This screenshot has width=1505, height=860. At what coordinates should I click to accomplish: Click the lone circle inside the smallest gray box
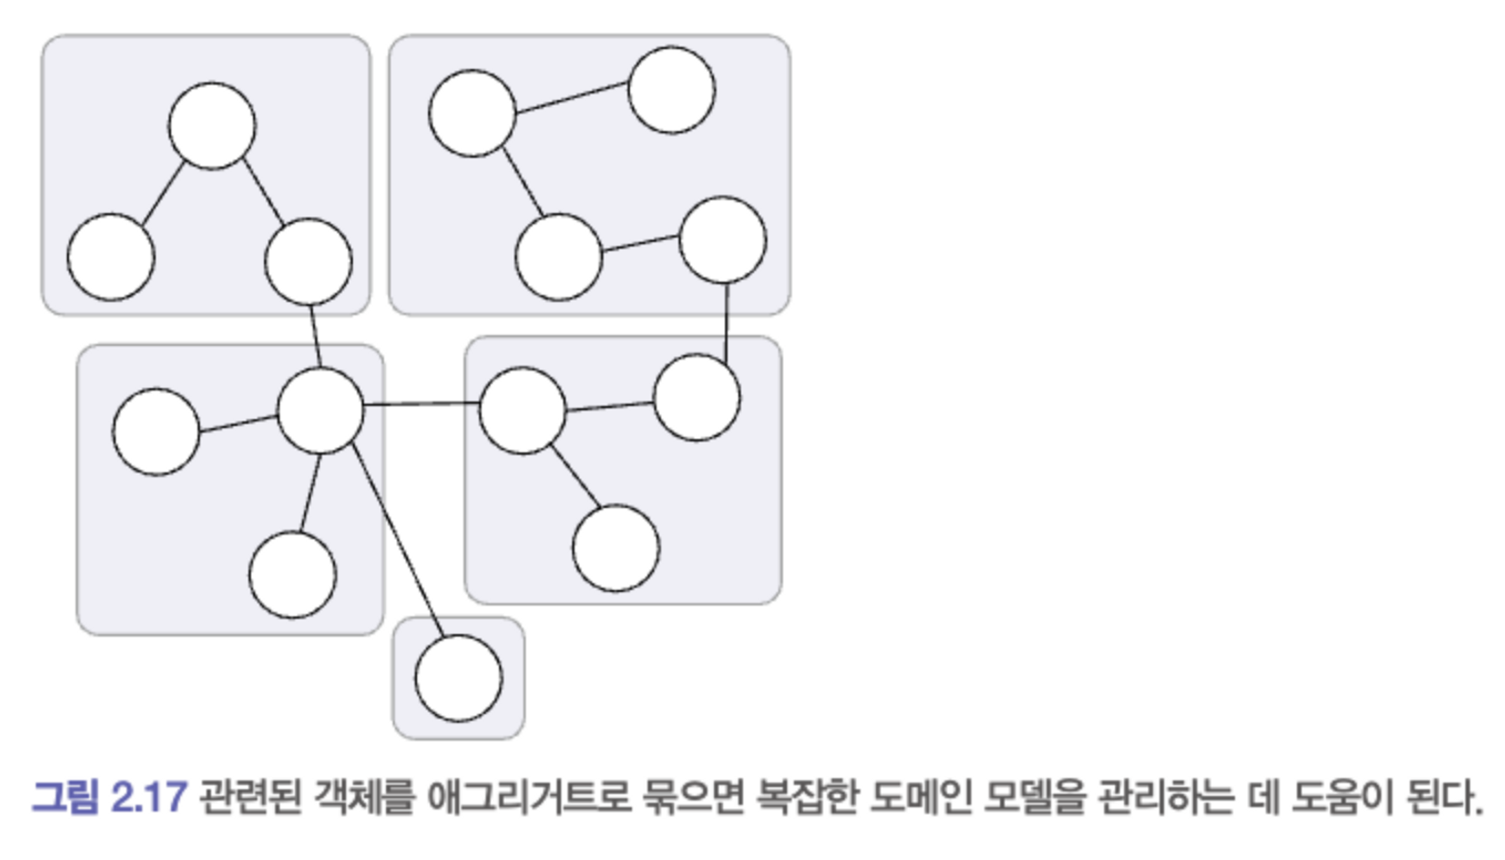point(458,678)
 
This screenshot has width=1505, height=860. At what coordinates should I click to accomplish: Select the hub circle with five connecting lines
point(321,411)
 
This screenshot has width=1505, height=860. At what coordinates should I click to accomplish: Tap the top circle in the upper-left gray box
point(212,126)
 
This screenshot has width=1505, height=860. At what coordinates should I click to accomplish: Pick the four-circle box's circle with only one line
point(671,90)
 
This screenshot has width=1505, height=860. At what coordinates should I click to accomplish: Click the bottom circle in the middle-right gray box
point(616,549)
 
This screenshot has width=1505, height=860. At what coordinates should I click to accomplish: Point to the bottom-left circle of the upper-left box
point(111,257)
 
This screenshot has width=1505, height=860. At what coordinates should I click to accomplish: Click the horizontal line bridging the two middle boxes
point(421,404)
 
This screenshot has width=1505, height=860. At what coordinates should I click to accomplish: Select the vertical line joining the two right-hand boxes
point(726,322)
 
